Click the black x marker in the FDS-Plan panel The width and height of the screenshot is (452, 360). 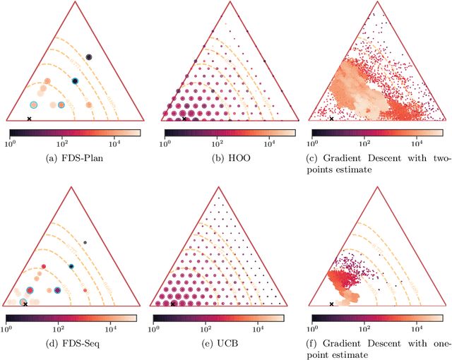coord(29,119)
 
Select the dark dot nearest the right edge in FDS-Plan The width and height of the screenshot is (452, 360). coord(89,57)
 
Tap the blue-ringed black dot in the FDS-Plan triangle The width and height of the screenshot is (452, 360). coord(75,81)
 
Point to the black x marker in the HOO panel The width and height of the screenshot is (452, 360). coord(184,119)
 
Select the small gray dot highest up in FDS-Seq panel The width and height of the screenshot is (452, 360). coord(85,242)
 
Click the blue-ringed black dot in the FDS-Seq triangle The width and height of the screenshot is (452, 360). coord(71,266)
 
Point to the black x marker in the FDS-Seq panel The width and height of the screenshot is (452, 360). coord(25,304)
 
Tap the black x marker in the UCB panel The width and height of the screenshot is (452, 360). coord(173,304)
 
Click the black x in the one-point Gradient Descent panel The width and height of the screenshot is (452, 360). coord(331,304)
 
